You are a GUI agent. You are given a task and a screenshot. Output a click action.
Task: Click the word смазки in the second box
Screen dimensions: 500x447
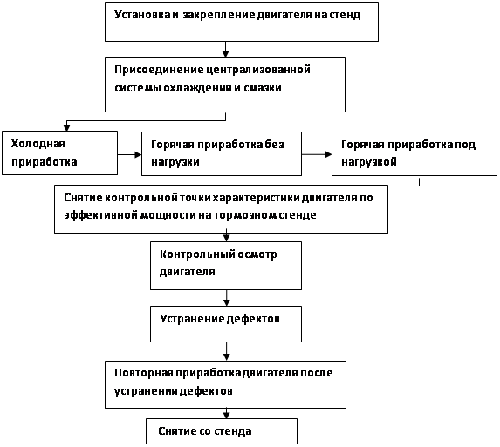[263, 87]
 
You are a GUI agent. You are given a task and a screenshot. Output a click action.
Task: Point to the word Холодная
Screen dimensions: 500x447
[38, 144]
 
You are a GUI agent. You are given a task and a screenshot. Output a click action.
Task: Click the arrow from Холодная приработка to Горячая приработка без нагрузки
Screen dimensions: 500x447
[129, 155]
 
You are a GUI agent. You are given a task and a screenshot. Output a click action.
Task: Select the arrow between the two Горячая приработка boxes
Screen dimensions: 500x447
[317, 154]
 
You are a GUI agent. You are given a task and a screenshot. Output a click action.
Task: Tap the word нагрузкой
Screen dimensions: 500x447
[369, 162]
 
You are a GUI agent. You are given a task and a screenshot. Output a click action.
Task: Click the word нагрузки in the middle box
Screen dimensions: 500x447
[175, 162]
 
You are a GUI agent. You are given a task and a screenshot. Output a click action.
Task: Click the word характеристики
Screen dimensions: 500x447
[256, 198]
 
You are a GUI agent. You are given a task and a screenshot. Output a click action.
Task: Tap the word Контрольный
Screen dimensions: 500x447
[197, 254]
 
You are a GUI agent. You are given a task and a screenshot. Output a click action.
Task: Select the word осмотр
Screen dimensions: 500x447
[257, 254]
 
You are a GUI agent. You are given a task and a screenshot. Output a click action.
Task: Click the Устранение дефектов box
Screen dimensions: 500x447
[226, 324]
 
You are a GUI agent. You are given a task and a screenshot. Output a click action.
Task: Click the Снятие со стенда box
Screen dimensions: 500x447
[222, 431]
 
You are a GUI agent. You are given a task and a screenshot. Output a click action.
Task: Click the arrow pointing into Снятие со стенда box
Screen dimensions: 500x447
[226, 413]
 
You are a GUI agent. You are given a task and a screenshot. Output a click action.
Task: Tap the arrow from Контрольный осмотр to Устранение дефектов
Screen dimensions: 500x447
[226, 298]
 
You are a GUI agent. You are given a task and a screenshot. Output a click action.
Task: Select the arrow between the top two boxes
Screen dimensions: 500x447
[225, 50]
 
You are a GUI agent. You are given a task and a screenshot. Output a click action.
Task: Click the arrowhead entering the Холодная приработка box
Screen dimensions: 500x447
[66, 127]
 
